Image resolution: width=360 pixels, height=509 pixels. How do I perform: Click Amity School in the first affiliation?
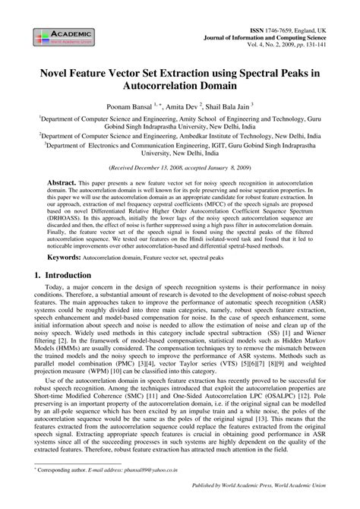pos(197,120)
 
